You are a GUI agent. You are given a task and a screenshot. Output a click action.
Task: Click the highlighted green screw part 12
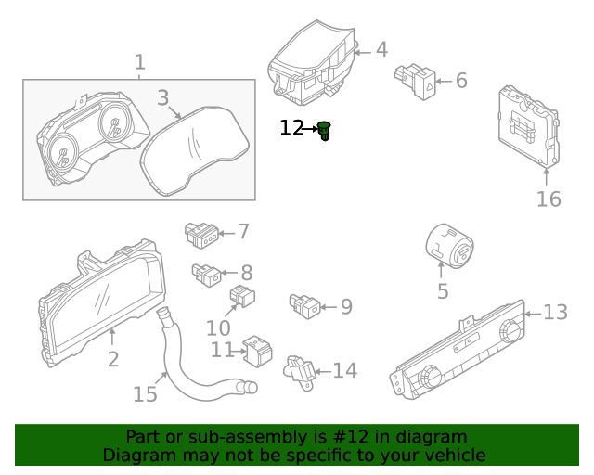click(324, 131)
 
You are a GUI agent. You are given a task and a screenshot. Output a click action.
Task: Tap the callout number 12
click(291, 128)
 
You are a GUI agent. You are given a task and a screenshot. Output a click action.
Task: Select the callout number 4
click(381, 50)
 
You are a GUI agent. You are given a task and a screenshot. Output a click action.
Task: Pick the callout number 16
click(549, 199)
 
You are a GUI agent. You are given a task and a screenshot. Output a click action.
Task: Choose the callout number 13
click(555, 313)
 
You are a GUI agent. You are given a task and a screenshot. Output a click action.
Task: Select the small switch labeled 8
click(206, 273)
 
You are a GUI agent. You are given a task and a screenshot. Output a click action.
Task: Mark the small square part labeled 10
click(242, 298)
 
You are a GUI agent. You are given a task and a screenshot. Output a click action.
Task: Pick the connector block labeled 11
click(256, 351)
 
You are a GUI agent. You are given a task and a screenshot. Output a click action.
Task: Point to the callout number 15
click(145, 394)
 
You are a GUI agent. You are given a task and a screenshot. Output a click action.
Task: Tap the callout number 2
click(112, 358)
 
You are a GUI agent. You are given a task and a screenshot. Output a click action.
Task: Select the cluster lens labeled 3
click(195, 148)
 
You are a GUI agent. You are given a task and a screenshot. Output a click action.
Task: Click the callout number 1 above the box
click(139, 62)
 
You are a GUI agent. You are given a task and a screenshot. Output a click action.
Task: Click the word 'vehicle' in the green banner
click(454, 455)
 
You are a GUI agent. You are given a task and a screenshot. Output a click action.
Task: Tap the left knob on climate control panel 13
click(430, 377)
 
